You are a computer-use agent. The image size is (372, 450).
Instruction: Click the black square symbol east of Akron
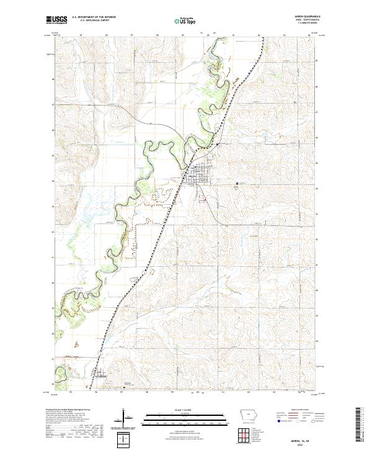(236, 183)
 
